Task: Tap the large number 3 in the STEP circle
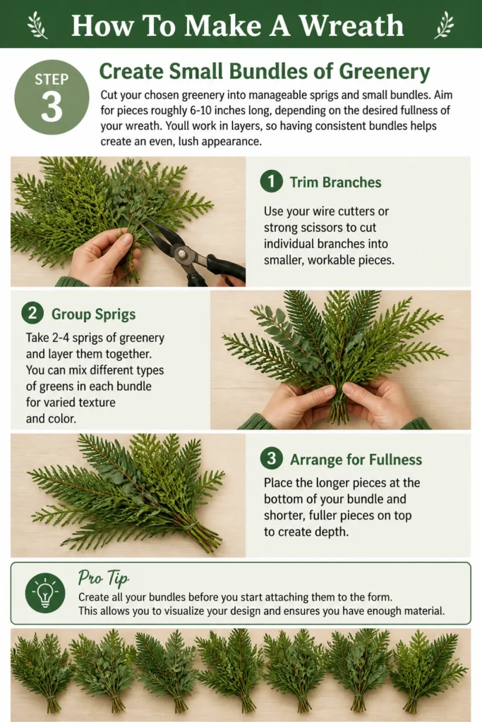52,107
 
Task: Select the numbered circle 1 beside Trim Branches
271,181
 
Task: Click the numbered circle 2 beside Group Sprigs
32,314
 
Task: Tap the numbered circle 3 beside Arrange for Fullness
271,458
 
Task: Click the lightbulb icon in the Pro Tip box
45,593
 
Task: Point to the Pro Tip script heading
103,577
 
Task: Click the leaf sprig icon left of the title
37,25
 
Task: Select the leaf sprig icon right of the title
445,25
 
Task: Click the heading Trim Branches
335,183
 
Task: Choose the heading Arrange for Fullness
356,460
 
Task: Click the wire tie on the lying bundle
193,525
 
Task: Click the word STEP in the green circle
52,80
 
